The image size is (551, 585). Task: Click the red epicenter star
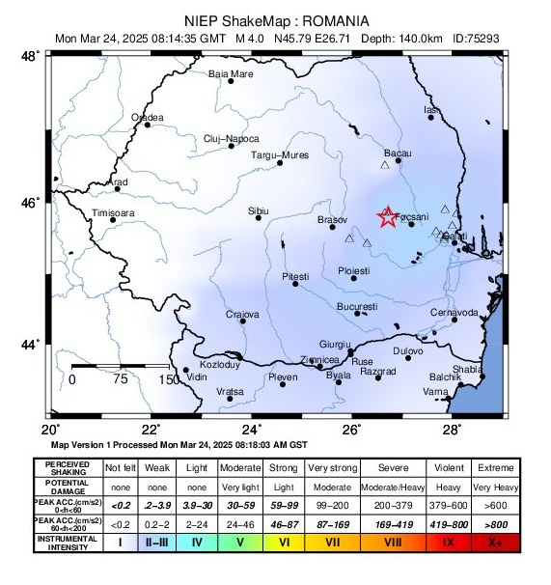[387, 217]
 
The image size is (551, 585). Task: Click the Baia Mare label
[231, 73]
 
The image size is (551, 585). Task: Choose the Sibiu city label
[259, 209]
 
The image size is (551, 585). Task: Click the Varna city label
[436, 392]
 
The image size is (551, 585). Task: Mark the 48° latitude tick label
[32, 57]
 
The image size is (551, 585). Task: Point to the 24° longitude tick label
[252, 429]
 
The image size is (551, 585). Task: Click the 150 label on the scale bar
[169, 379]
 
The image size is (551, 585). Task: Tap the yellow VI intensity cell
[284, 543]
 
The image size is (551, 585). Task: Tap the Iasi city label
[431, 111]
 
